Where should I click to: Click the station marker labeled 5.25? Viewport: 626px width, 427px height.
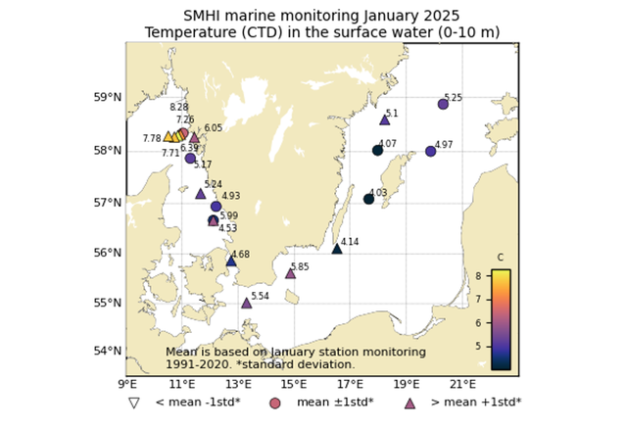443,104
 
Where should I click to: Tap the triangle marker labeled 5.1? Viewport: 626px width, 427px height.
384,119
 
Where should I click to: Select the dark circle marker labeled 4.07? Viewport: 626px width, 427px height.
377,150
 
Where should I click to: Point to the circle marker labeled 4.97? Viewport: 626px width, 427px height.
431,151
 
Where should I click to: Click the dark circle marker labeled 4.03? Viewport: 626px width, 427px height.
368,199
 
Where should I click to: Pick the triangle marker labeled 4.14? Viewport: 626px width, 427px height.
337,249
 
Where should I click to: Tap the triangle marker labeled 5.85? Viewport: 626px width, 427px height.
290,273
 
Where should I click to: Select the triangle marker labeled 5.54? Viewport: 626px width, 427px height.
246,303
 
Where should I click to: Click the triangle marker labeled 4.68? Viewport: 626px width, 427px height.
231,261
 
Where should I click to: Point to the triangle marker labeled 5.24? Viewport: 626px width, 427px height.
200,193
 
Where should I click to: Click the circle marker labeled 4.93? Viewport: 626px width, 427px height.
216,207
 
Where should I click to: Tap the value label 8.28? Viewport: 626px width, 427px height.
179,108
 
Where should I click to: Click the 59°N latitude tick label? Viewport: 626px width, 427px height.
106,98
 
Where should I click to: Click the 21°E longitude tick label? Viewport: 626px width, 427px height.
462,384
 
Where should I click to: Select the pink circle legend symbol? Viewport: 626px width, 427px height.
275,403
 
